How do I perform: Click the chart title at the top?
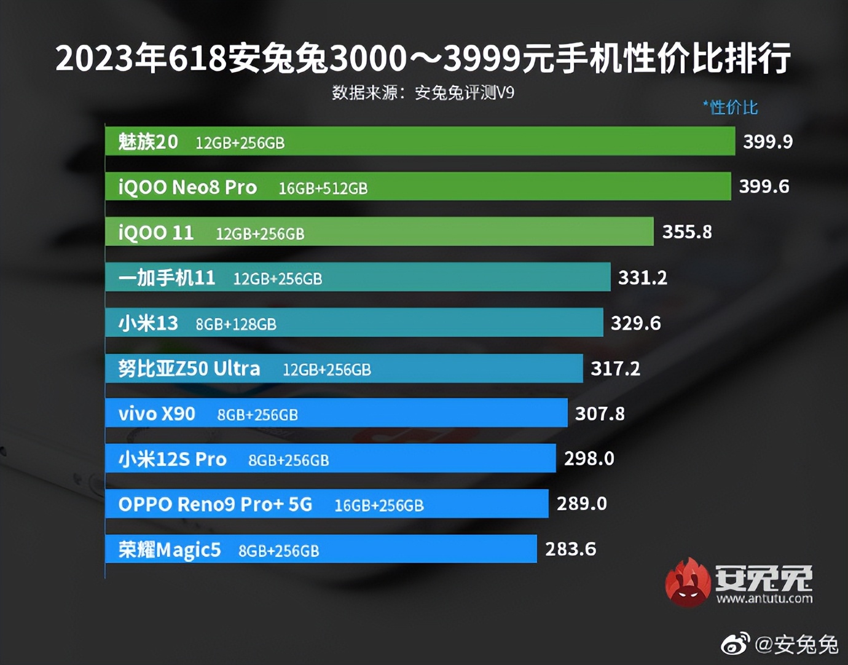423,59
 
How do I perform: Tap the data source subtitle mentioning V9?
423,93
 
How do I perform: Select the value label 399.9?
768,142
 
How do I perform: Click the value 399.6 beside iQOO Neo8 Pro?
764,187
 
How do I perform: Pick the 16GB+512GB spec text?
323,189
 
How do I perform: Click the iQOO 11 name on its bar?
155,233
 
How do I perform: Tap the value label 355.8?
687,232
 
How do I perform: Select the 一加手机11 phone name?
167,278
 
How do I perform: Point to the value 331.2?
642,278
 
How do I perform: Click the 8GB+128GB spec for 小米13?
236,325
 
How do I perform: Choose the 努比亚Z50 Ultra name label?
189,369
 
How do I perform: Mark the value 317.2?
615,369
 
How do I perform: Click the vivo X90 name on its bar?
157,414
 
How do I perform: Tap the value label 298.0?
589,458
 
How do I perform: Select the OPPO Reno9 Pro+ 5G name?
215,505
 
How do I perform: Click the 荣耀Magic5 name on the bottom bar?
169,549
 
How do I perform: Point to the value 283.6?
570,549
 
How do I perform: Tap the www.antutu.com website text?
764,599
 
